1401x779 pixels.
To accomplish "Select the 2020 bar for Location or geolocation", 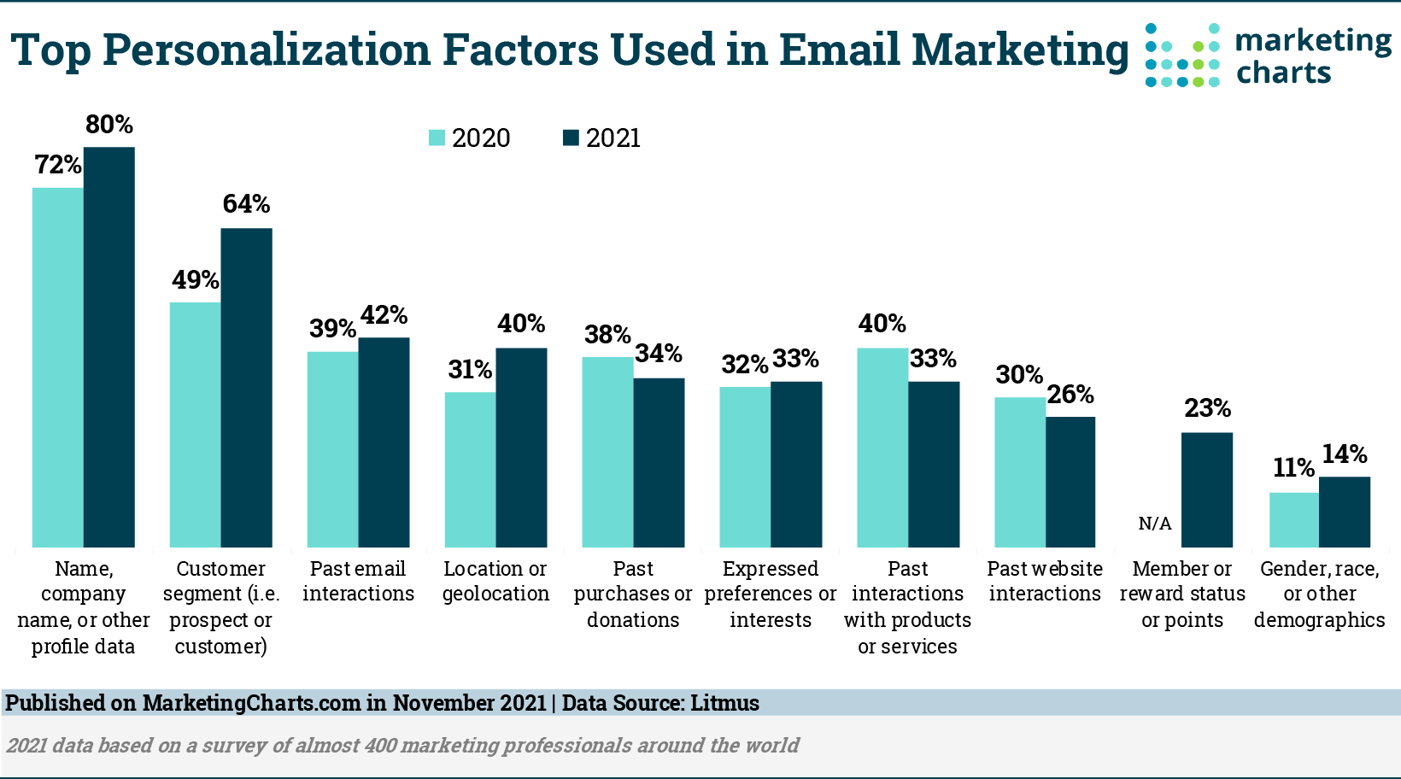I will pos(470,469).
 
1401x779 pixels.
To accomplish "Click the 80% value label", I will pos(109,125).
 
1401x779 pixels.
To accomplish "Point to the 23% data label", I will pos(1207,408).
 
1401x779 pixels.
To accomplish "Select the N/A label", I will pos(1155,524).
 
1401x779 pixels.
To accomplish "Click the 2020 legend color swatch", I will pos(437,138).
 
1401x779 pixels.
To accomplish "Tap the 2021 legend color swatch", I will pos(571,138).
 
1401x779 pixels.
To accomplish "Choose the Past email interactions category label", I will pos(358,581).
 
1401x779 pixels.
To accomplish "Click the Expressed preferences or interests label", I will pos(770,594).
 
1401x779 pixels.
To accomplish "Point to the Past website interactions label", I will pos(1045,581).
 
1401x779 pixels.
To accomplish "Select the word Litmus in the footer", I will pos(724,703).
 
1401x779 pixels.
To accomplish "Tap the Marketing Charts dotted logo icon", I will pos(1183,55).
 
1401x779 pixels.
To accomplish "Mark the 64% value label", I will pos(246,204).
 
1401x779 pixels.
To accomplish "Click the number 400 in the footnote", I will pos(380,745).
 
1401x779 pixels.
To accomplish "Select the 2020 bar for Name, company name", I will pos(57,367).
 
